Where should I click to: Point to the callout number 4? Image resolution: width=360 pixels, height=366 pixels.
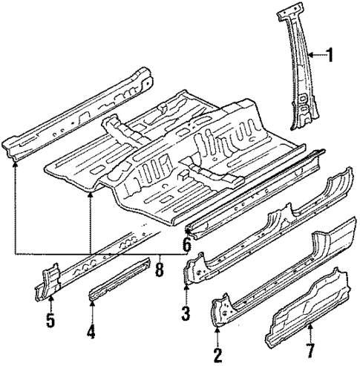tap(91, 332)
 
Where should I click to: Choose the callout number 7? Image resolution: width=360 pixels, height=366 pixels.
tap(311, 349)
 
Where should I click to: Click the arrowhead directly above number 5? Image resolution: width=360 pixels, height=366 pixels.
tap(51, 301)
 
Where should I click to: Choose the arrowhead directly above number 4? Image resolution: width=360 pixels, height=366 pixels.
tap(91, 304)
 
